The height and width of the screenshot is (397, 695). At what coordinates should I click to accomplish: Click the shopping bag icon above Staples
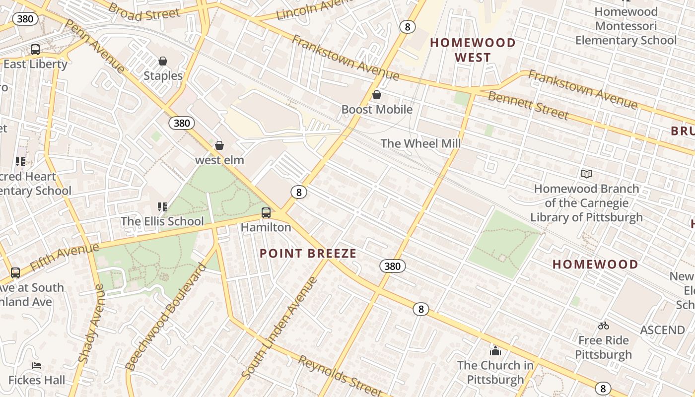(163, 61)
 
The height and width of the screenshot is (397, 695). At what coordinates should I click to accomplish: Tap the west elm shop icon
(219, 145)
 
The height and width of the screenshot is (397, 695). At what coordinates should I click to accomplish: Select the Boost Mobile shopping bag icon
(377, 95)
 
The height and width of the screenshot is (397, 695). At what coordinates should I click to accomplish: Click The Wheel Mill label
(420, 144)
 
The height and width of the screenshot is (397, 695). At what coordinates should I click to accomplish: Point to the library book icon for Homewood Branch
(587, 174)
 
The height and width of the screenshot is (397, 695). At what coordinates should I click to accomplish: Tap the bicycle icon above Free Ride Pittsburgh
(604, 326)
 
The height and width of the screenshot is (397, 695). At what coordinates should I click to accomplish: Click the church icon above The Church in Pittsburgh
(495, 351)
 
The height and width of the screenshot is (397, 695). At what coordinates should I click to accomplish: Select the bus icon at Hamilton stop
(266, 213)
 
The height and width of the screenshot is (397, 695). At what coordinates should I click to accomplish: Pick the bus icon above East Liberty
(35, 50)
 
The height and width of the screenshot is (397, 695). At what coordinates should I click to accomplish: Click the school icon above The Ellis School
(162, 206)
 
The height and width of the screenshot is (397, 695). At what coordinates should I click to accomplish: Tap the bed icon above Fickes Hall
(37, 366)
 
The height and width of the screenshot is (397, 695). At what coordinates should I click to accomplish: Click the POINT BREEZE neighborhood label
(308, 254)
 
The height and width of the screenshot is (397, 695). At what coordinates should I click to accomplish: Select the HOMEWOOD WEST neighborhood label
(473, 50)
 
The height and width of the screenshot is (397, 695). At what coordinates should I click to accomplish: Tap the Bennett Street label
(528, 105)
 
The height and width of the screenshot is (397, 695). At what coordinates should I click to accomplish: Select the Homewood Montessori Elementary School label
(625, 26)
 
